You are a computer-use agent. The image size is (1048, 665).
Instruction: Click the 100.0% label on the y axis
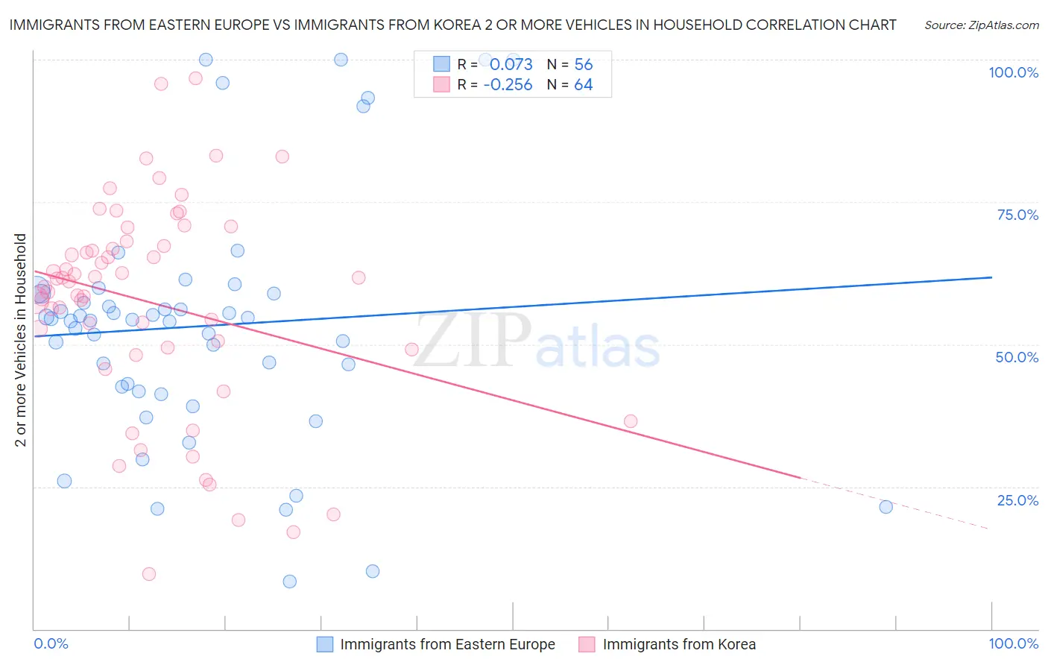[1013, 72]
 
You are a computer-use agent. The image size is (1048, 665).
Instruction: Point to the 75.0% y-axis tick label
[1017, 215]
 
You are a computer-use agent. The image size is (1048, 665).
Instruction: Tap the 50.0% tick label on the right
[1017, 357]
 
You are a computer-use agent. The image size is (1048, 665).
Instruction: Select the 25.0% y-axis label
[1017, 500]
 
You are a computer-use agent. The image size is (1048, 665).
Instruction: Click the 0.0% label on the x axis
[51, 643]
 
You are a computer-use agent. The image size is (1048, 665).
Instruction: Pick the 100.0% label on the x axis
[1013, 643]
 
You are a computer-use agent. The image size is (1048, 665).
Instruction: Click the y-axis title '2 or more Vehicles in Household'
[21, 340]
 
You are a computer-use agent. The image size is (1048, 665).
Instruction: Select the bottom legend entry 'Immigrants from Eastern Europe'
[447, 644]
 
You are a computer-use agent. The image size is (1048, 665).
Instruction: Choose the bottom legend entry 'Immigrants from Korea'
[679, 644]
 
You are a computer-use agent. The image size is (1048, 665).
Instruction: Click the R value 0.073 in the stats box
[511, 64]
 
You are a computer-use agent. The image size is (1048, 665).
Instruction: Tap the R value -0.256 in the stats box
[508, 85]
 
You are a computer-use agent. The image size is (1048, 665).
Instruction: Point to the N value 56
[584, 64]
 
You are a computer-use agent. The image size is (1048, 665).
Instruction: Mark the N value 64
[584, 85]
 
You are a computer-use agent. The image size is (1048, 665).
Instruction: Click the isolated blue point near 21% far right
[886, 507]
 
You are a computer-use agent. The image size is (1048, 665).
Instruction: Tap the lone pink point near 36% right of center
[631, 421]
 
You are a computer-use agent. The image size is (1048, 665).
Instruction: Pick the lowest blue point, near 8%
[290, 582]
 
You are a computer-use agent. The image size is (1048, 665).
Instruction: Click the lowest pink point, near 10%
[149, 574]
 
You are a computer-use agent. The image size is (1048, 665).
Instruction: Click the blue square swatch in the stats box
[442, 64]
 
